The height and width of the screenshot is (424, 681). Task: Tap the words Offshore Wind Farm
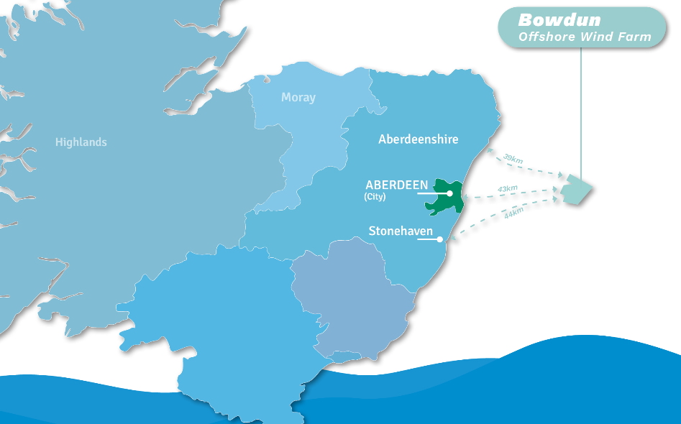tap(585, 37)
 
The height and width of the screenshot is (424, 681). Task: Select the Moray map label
tap(298, 97)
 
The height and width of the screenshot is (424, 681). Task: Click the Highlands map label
tap(81, 142)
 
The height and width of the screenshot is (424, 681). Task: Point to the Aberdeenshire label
tap(418, 139)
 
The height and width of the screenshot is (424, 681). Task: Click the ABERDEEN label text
tap(397, 185)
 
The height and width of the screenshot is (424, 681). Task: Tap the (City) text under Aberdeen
tap(375, 196)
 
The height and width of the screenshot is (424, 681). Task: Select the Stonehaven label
tap(401, 231)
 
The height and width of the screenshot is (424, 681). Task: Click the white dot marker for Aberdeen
tap(449, 193)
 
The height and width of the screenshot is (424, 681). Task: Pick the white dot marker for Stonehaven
tap(439, 239)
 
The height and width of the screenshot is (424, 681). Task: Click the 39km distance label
tap(512, 158)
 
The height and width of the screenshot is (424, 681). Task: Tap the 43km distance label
tap(507, 189)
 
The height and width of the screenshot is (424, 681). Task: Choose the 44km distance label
tap(513, 214)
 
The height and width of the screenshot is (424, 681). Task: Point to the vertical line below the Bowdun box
tap(581, 108)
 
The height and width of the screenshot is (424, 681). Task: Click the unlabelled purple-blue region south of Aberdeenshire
tap(352, 295)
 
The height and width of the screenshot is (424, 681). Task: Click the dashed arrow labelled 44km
tap(496, 219)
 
